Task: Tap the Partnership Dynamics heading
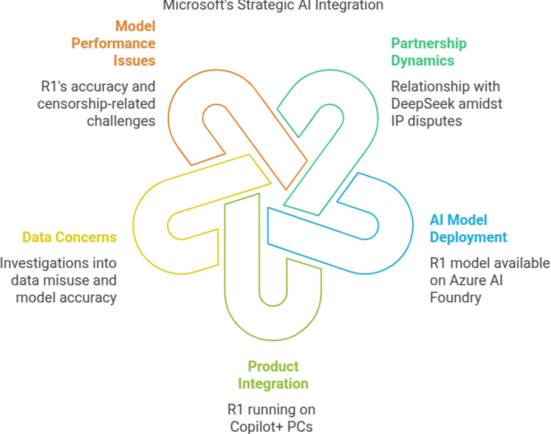pos(428,52)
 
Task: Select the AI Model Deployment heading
pos(468,228)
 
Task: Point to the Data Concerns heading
pos(69,237)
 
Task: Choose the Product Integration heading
pos(273,375)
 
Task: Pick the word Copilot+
pos(256,426)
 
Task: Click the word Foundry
pos(455,297)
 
